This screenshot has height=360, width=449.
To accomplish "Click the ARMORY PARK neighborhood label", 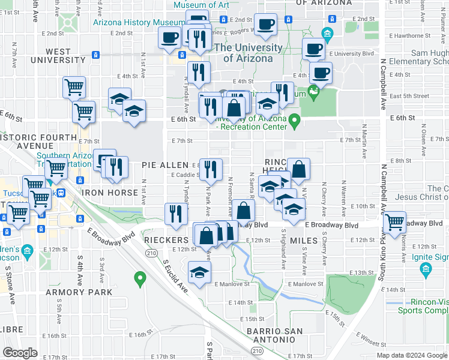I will [79, 292].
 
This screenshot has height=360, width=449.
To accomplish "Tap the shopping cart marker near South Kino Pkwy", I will [394, 223].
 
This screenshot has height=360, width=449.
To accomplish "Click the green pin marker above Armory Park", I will [140, 278].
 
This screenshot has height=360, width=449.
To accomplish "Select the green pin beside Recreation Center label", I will [294, 121].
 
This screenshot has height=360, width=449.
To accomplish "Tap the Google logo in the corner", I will [20, 353].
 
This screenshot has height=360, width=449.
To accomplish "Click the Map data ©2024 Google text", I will [412, 355].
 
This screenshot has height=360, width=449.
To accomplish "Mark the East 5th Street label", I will [409, 96].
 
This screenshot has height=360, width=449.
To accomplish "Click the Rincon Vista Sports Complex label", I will [426, 307].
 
